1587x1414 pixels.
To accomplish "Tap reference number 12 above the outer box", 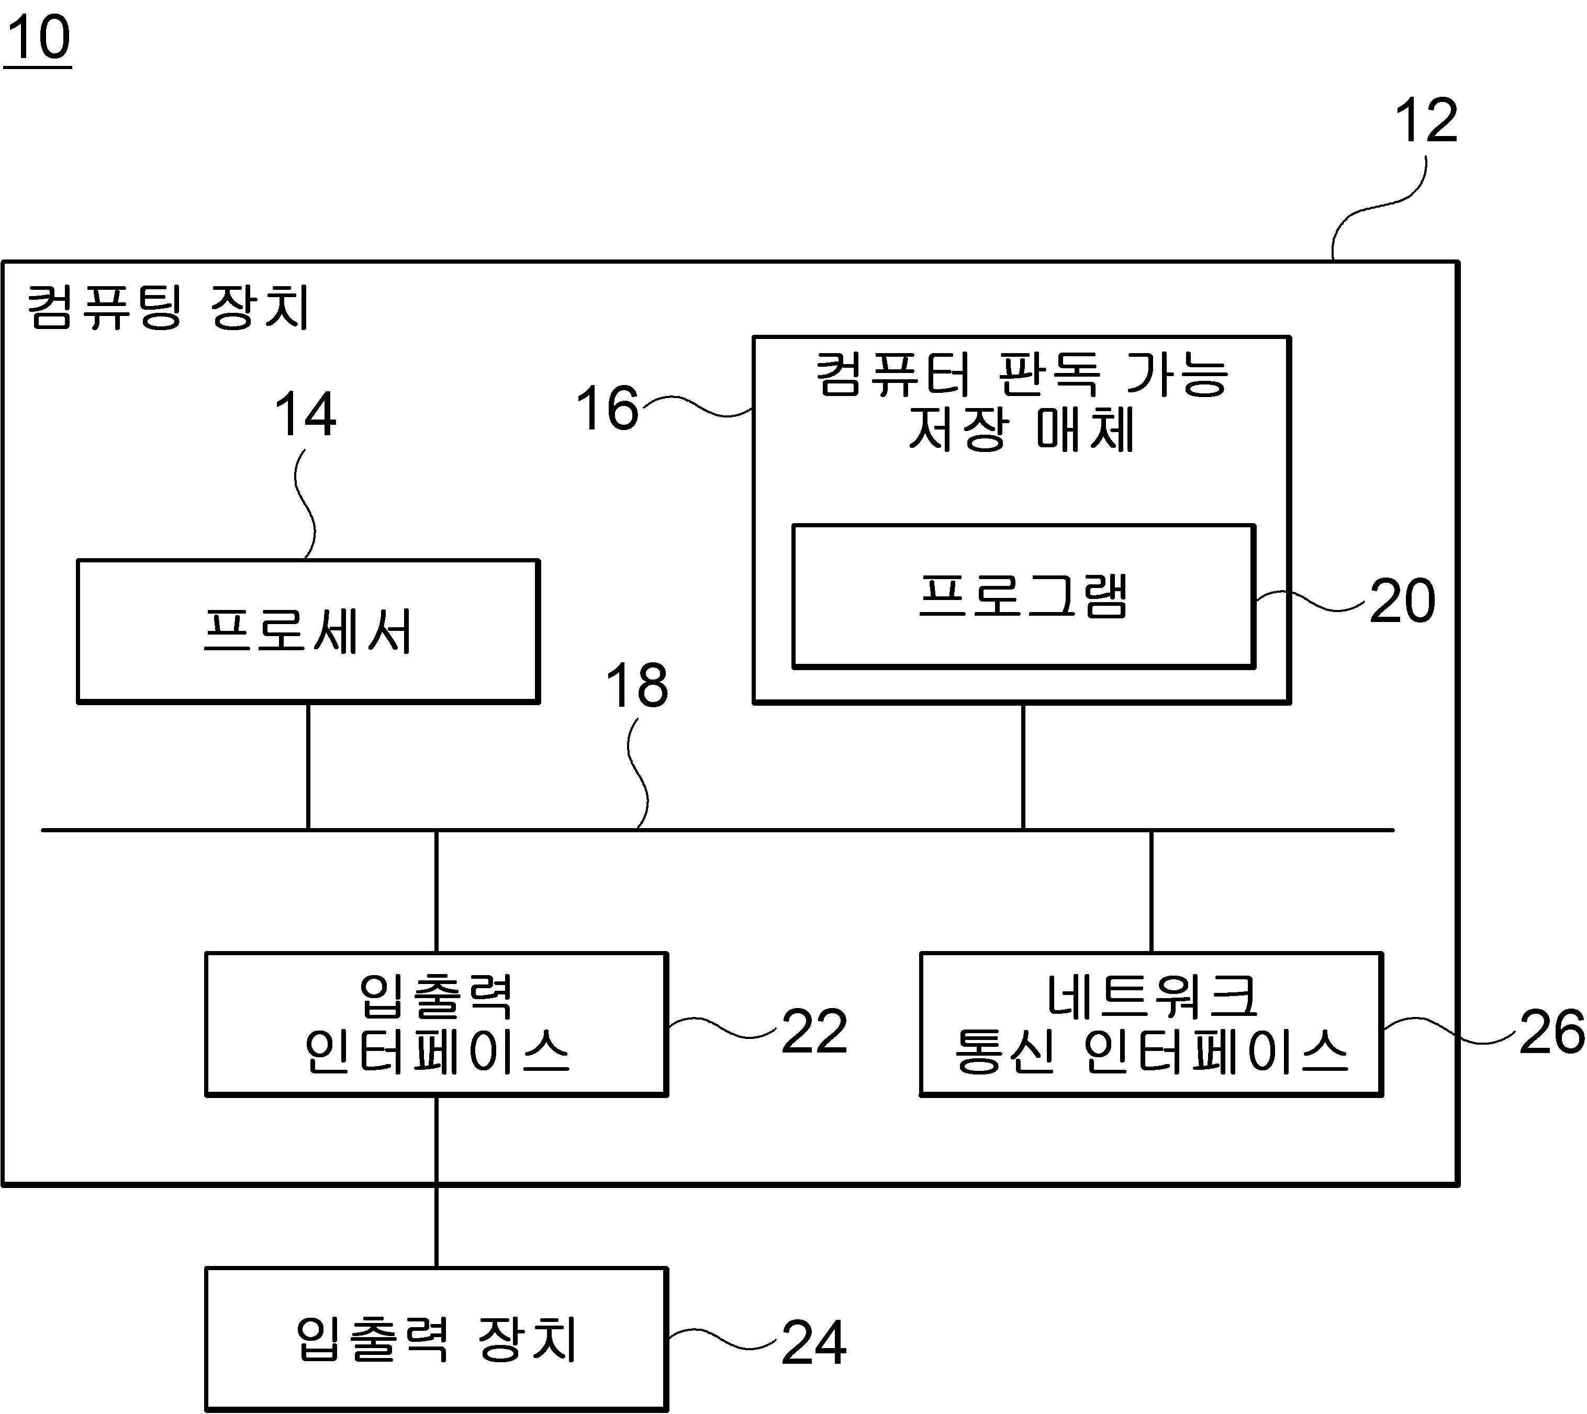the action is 1426,121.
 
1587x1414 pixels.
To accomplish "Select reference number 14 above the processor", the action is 306,414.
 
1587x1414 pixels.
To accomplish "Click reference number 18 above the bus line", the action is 636,686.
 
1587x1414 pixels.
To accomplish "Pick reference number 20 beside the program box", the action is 1402,601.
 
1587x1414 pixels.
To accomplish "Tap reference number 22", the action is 814,1032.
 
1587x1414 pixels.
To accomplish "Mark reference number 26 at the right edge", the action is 1551,1032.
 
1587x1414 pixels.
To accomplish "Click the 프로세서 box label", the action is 308,630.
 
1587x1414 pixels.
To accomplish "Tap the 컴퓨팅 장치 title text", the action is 168,307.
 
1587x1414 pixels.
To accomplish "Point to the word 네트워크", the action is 1151,996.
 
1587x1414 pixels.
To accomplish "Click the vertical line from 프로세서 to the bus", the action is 308,766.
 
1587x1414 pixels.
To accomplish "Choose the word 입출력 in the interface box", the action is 436,996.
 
